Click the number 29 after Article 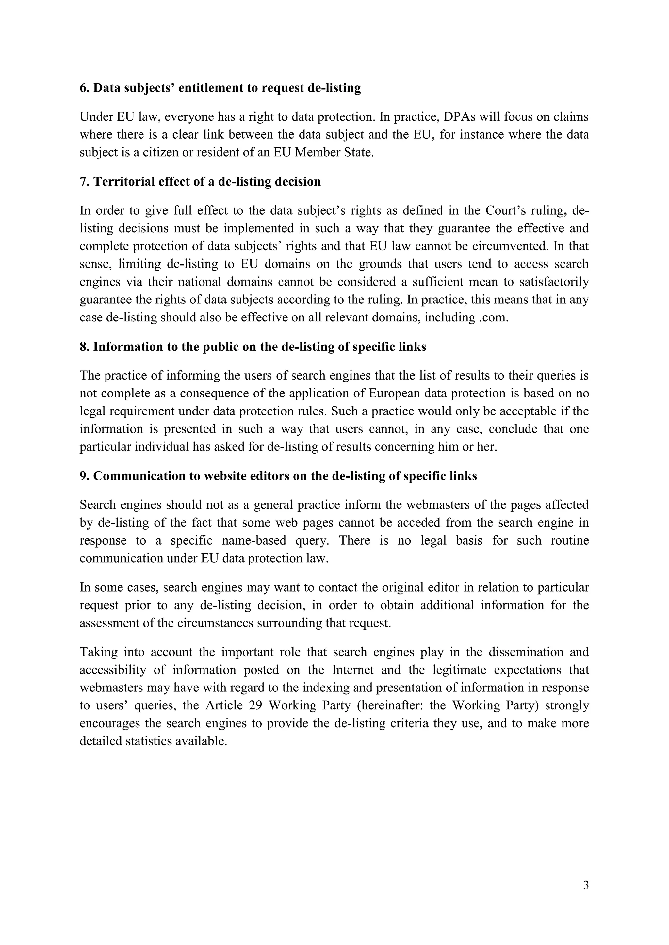point(256,705)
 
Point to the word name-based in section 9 point(254,540)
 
